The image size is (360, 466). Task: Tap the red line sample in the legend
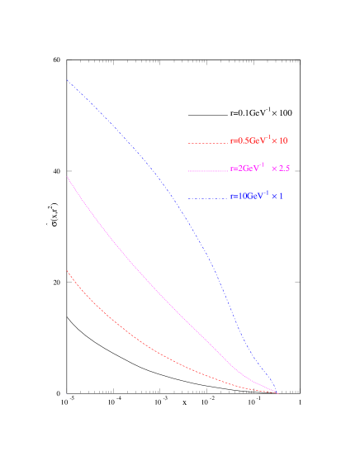207,143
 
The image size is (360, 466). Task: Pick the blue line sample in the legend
207,198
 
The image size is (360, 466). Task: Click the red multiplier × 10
279,141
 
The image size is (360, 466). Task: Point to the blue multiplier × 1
278,197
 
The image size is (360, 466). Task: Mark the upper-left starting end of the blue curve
67,80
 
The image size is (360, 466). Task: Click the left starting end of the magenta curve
67,176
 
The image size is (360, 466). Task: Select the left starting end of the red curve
67,270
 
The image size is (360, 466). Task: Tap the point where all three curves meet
277,392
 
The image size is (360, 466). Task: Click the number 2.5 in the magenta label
285,169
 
